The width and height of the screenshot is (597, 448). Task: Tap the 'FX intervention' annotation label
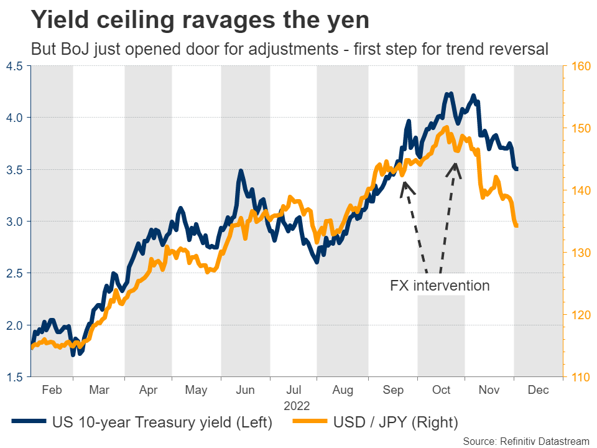[x=440, y=286]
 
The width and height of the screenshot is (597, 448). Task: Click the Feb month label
[x=52, y=390]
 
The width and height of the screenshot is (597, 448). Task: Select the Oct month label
[x=441, y=390]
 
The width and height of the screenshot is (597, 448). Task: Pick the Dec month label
[x=538, y=390]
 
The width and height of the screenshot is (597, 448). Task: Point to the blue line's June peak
[x=240, y=170]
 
